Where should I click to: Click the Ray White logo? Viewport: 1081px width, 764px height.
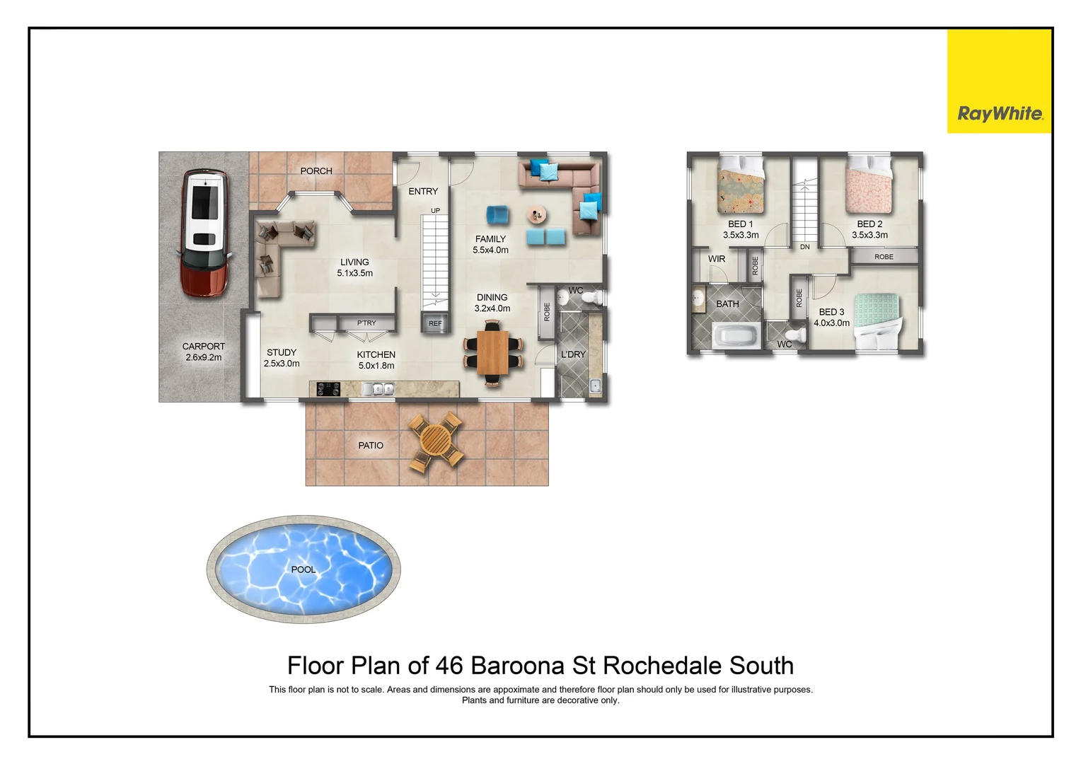999,113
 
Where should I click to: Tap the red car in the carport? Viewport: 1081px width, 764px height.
204,233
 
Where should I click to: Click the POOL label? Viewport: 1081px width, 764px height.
304,569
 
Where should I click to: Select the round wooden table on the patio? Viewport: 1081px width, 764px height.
435,441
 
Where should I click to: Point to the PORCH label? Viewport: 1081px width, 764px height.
316,171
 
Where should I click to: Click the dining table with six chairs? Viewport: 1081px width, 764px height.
493,352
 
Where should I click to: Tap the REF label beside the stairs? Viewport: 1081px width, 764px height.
435,323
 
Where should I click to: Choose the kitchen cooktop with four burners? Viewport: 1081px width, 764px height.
328,388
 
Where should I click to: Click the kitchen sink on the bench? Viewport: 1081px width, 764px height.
378,388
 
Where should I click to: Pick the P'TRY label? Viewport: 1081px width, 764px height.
366,323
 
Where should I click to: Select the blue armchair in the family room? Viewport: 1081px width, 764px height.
497,215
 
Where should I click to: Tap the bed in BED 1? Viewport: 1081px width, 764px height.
741,185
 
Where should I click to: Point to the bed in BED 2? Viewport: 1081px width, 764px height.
869,185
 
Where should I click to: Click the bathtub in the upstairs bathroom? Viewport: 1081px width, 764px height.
735,335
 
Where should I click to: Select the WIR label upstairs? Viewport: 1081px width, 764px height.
717,259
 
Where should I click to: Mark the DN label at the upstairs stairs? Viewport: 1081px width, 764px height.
805,247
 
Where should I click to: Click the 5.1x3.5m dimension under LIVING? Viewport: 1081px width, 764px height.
354,273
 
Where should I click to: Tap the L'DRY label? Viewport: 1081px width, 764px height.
573,354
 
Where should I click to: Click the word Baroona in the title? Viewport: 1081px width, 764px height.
518,666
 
